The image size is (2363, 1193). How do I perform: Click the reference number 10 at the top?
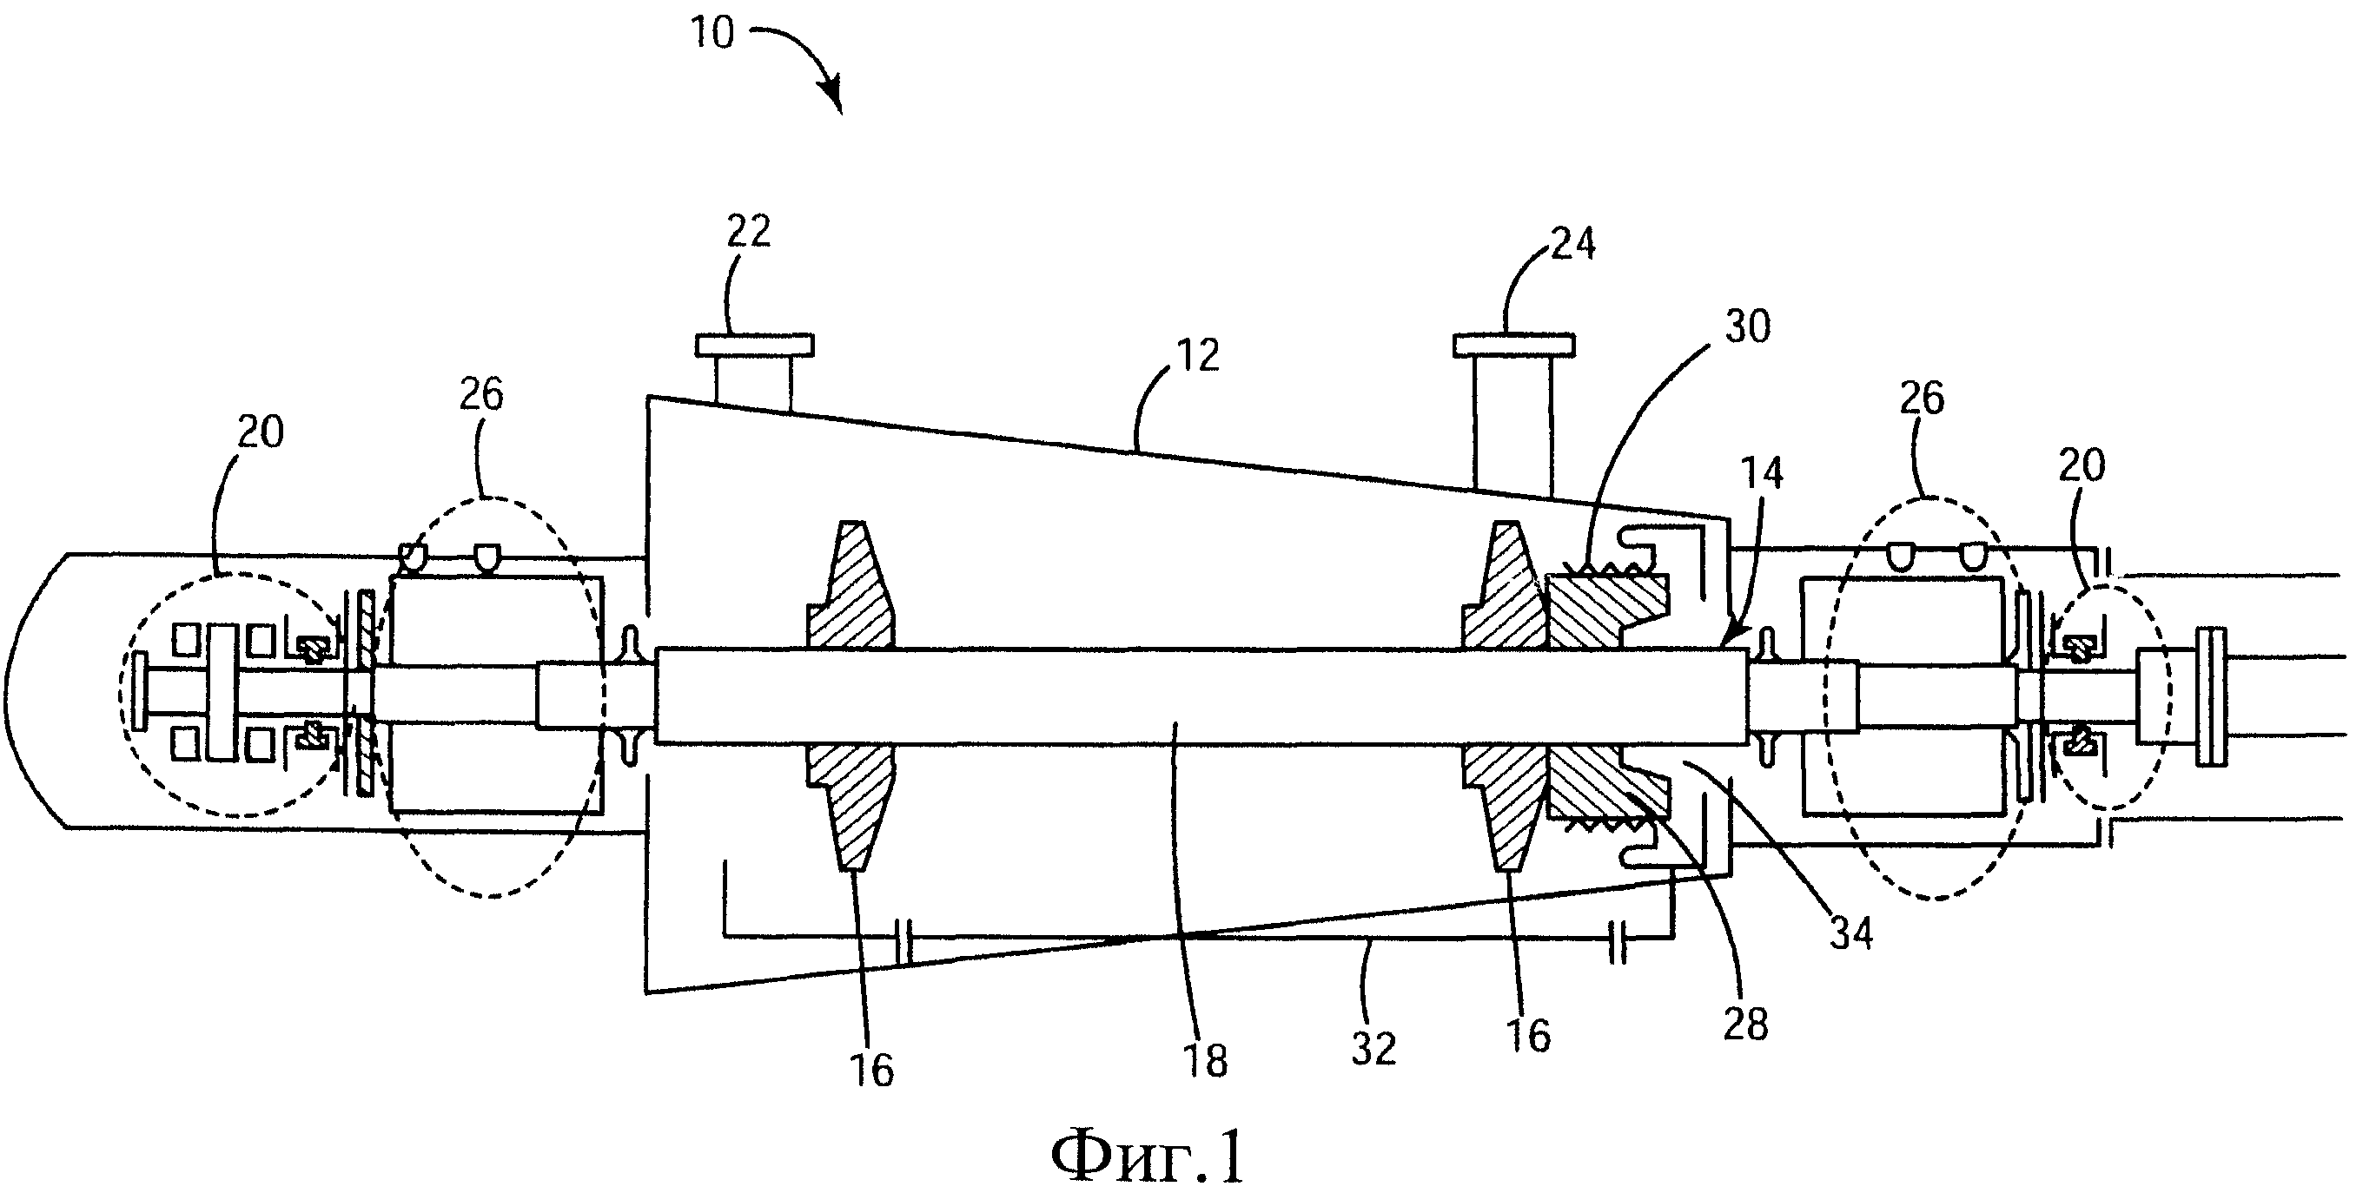point(712,33)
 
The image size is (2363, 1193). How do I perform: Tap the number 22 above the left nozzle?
point(749,231)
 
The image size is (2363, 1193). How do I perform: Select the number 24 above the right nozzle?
point(1573,244)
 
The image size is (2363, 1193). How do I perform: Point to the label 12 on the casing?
point(1197,356)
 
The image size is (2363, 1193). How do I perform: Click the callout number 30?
point(1747,327)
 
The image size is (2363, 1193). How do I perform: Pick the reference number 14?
point(1761,473)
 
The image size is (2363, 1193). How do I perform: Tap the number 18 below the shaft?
point(1204,1061)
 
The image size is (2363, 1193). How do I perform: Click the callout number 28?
point(1744,1025)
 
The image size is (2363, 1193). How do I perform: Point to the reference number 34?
point(1851,933)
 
